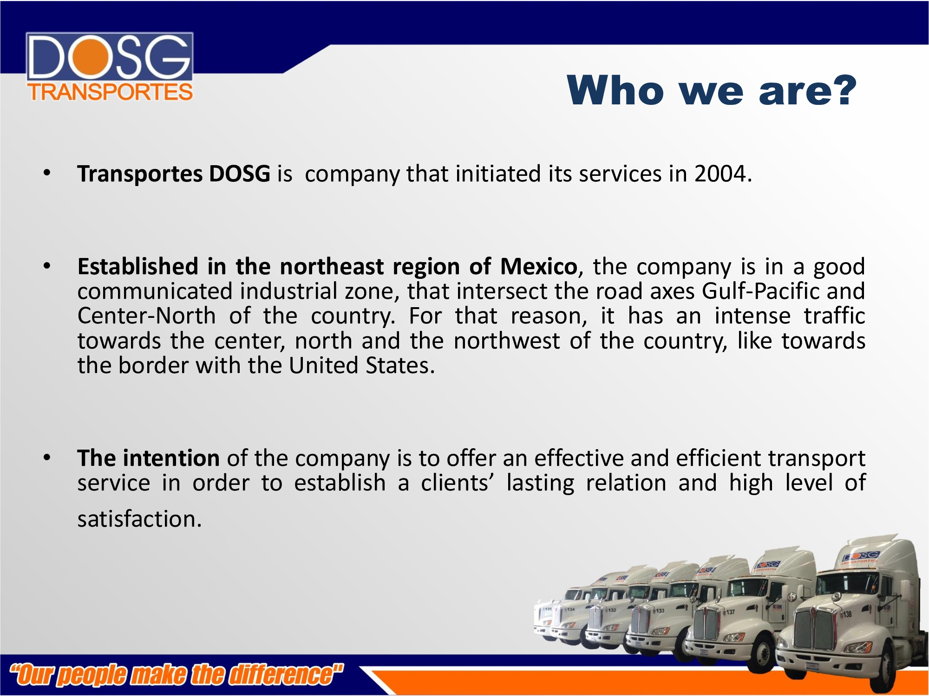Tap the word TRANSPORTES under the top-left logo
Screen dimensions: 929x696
click(x=110, y=92)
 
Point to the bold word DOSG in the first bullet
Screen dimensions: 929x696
click(x=240, y=174)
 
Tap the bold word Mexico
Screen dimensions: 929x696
click(x=538, y=266)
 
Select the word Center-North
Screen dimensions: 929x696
click(x=146, y=316)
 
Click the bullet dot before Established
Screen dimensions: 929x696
click(x=47, y=266)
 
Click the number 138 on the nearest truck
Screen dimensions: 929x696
click(x=848, y=614)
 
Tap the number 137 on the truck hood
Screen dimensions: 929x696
click(x=731, y=612)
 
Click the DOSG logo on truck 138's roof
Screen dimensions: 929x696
click(x=861, y=556)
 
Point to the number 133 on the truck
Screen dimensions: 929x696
click(x=660, y=611)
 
